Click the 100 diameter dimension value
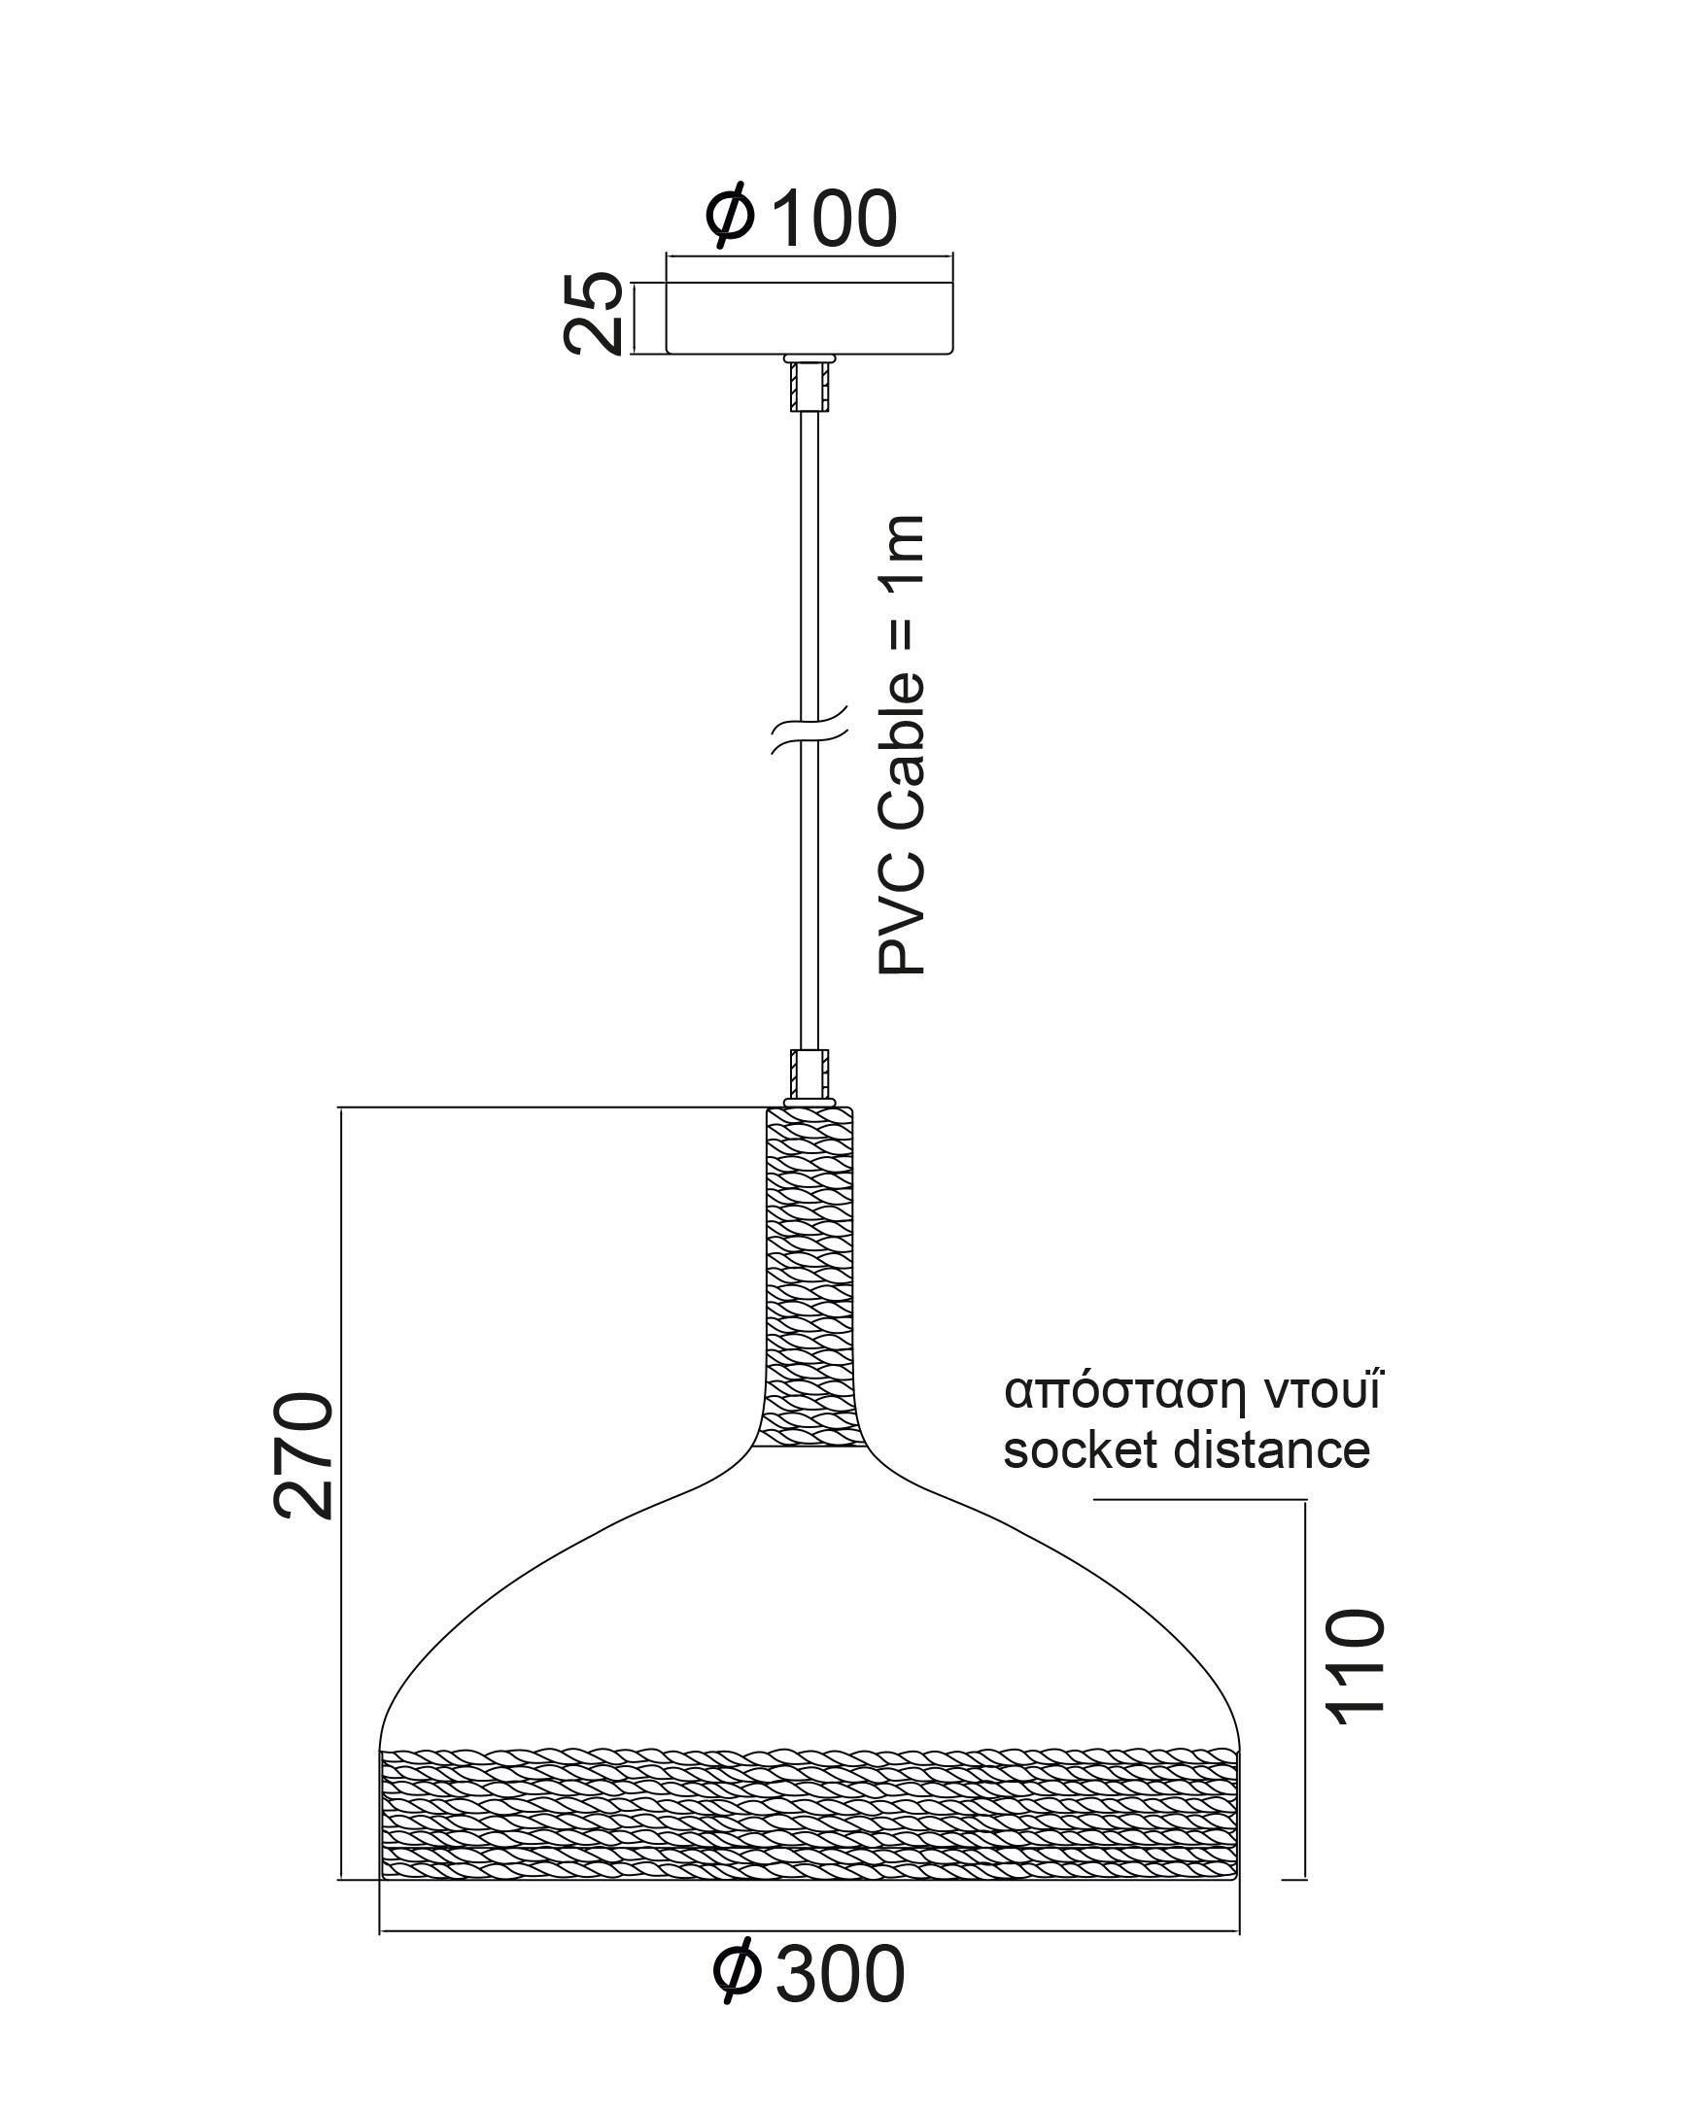[834, 219]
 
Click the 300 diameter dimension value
[840, 1976]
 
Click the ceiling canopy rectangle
[809, 318]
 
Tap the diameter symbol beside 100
[730, 216]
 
